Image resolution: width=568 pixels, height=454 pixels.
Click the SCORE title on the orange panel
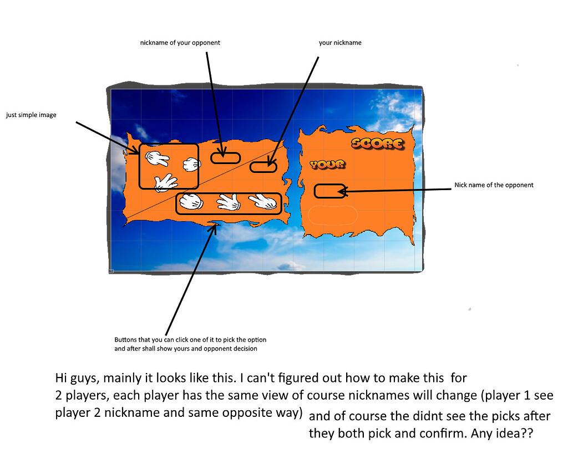pos(377,144)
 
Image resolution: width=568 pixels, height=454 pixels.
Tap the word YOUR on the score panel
pos(327,165)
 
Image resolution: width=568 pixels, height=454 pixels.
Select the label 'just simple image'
pos(31,115)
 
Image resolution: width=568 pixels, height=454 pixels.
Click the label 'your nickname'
pos(340,43)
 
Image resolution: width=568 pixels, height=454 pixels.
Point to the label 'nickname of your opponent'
pos(180,43)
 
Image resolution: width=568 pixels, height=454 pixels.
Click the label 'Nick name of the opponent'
pos(494,185)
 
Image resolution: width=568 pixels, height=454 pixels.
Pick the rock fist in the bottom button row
pos(191,202)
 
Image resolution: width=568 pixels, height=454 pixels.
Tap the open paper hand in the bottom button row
pos(229,202)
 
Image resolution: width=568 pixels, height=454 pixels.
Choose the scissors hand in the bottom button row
pos(263,202)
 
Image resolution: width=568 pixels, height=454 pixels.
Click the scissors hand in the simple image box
pos(157,158)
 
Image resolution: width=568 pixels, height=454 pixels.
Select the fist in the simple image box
pos(191,165)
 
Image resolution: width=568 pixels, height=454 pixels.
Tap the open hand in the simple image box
pos(165,183)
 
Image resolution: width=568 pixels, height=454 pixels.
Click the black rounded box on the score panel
pos(329,191)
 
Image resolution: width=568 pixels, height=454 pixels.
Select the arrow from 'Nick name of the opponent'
pos(395,190)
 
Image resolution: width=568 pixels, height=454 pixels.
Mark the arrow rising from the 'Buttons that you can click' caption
pos(191,279)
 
